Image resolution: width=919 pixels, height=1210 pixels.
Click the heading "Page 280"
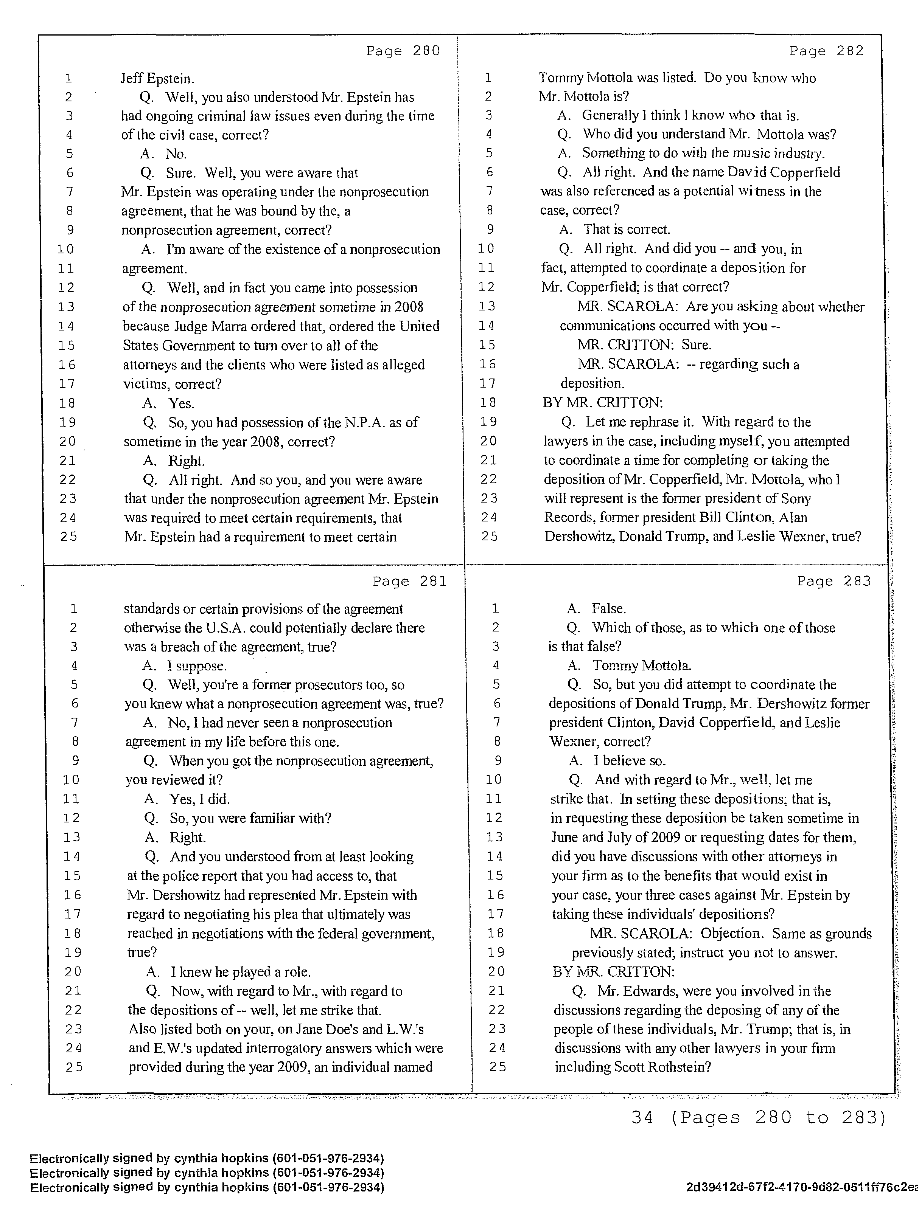coord(403,51)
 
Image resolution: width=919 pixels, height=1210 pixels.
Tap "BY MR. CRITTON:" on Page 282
coord(603,403)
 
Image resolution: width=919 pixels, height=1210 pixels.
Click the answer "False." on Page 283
coord(609,609)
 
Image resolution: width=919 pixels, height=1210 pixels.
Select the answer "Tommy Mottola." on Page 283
coord(642,666)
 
